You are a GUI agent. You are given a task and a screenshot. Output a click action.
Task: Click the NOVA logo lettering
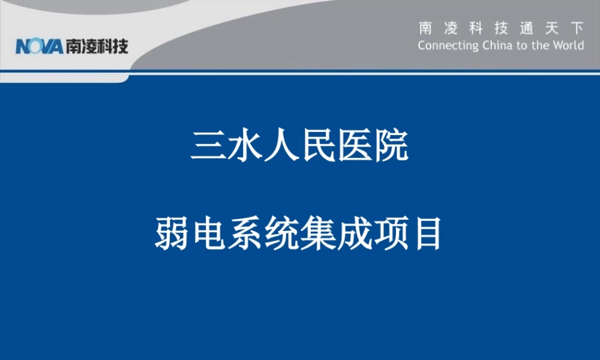[x=40, y=46]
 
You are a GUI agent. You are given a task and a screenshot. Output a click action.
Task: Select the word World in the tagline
[x=568, y=46]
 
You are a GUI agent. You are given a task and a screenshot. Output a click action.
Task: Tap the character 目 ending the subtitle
[x=427, y=233]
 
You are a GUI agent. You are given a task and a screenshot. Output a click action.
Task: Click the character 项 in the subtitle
[x=391, y=233]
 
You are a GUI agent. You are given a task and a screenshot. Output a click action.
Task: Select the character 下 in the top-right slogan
[x=577, y=28]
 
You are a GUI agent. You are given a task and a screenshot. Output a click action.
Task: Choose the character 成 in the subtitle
[x=354, y=233]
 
